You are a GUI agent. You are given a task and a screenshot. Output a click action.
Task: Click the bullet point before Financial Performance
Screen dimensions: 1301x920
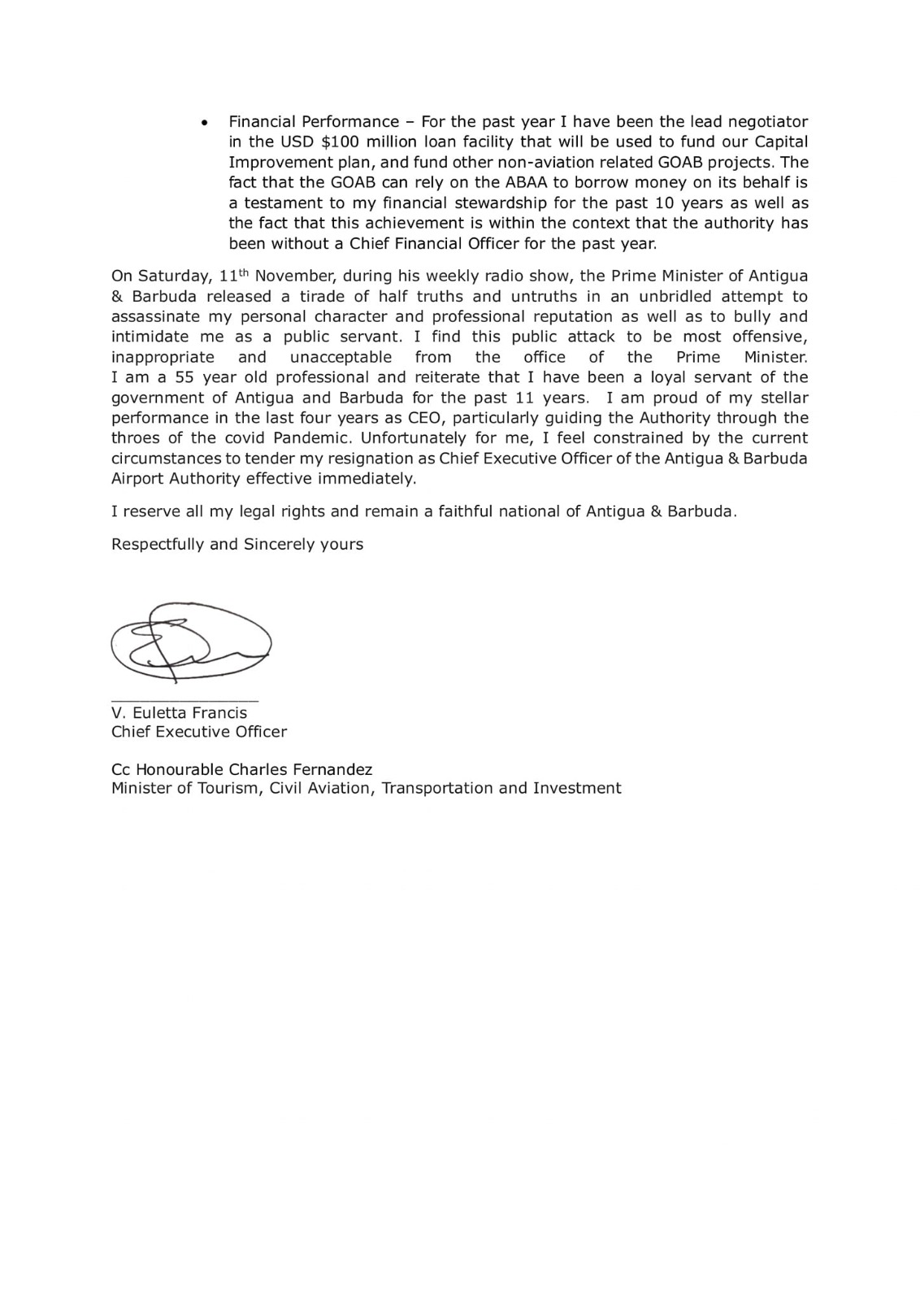pos(205,123)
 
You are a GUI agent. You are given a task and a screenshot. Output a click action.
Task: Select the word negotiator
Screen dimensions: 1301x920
pos(767,122)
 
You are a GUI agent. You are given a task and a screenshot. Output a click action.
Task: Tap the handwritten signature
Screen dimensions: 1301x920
pos(190,642)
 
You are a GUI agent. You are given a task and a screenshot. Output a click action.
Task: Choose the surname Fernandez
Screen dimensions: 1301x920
pos(332,769)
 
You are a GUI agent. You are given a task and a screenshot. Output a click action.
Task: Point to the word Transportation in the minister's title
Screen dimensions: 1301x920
pos(438,788)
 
